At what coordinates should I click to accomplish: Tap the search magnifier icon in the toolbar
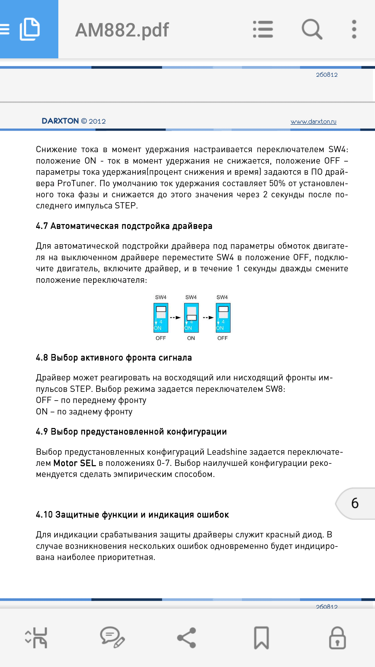312,29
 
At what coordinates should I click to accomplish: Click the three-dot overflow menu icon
354,29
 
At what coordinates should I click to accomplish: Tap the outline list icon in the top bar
263,29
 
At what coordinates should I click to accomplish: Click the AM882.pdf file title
122,30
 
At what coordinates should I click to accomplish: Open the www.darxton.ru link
313,122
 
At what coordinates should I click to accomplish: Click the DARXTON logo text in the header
60,121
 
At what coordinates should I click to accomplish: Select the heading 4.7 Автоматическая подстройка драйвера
124,226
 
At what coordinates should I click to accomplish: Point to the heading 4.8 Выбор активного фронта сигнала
114,358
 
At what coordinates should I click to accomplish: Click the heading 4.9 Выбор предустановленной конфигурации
131,432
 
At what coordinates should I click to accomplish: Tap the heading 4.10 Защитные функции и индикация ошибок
132,514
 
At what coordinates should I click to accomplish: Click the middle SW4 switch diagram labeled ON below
191,318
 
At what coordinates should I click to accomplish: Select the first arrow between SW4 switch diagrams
176,318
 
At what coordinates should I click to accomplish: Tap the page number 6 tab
355,503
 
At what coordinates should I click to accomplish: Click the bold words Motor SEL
75,463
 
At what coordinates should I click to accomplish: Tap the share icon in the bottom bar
187,638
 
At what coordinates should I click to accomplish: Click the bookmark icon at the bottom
261,638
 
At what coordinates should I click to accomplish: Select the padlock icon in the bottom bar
337,638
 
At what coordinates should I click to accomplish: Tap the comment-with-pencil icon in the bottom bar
112,638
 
